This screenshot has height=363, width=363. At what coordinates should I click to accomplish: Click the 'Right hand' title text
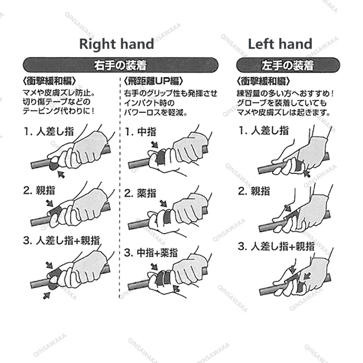pyautogui.click(x=117, y=44)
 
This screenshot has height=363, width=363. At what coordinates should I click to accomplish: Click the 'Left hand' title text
pyautogui.click(x=280, y=44)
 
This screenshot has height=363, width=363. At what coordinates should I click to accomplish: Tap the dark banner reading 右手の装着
pyautogui.click(x=119, y=64)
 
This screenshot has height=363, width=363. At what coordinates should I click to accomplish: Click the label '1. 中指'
pyautogui.click(x=142, y=132)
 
